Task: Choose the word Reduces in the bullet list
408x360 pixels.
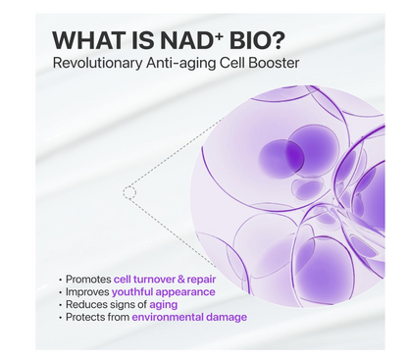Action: [x=87, y=304]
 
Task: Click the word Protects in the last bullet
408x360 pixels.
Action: [x=87, y=317]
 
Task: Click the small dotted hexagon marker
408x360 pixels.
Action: [x=128, y=193]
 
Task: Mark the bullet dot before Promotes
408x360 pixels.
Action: [x=63, y=280]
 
